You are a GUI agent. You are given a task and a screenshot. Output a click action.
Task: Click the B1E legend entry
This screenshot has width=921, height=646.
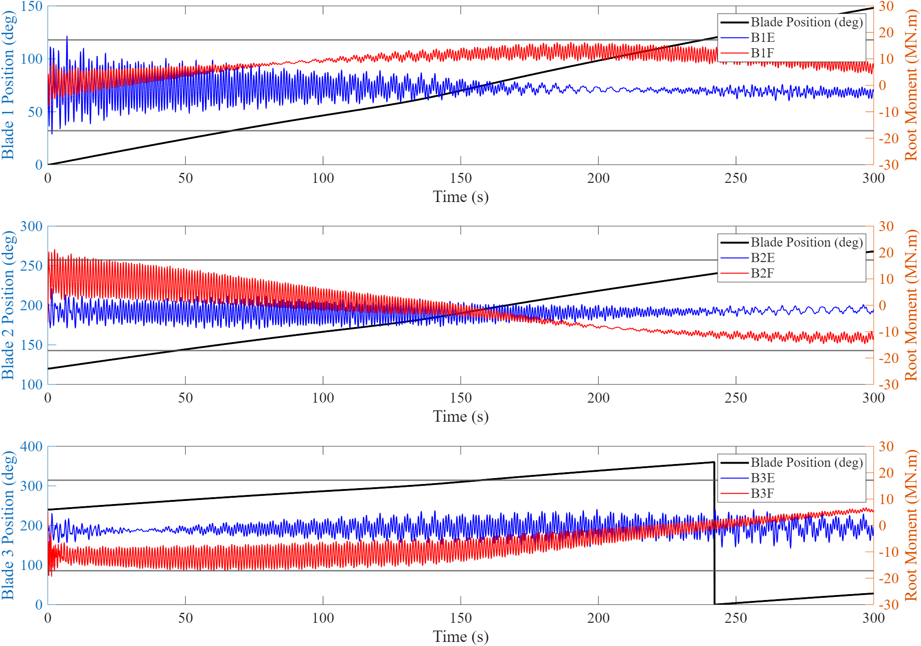tap(762, 37)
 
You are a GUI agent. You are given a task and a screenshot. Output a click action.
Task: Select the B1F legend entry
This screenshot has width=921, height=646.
tap(762, 53)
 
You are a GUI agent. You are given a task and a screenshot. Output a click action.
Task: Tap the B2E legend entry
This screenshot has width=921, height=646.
tap(762, 257)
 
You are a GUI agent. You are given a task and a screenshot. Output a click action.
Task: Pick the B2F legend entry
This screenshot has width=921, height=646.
tap(762, 273)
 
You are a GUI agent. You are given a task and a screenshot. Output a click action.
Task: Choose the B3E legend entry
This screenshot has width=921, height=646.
tap(762, 478)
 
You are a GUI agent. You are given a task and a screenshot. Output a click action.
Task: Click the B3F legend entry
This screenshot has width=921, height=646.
tap(762, 493)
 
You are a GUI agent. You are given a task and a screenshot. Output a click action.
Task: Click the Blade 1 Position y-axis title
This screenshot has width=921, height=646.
tap(8, 86)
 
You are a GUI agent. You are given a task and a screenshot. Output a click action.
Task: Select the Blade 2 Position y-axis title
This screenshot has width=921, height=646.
tap(8, 305)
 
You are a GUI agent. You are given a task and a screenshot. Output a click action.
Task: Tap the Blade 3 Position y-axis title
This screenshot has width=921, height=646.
tap(8, 525)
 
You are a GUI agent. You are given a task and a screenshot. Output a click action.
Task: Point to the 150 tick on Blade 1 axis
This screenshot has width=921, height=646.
tap(31, 6)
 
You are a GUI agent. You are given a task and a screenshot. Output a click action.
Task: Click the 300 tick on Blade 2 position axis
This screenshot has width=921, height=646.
tap(31, 227)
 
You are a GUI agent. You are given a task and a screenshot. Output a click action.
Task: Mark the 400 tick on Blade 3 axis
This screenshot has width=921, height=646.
tap(31, 447)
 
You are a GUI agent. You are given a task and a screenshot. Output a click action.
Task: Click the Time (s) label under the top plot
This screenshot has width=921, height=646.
tap(461, 197)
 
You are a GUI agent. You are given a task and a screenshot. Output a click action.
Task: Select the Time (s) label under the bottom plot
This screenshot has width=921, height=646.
tap(461, 637)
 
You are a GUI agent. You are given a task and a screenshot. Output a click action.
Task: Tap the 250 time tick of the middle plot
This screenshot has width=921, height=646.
tap(736, 398)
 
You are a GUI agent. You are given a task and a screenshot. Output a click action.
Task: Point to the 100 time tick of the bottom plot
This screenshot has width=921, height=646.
tap(323, 618)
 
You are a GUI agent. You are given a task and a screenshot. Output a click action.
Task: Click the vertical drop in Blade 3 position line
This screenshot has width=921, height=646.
tap(715, 532)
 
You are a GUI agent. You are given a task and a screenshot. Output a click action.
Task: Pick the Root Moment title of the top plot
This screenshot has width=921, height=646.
tap(911, 86)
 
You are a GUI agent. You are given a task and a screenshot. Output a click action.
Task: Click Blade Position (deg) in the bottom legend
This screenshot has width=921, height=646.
tap(806, 463)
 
